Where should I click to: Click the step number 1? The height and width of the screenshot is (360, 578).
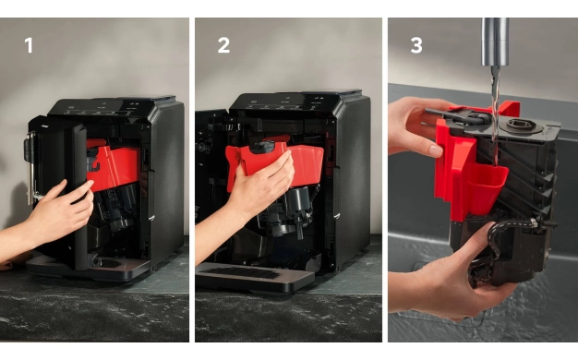click(x=29, y=45)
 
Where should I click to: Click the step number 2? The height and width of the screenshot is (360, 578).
click(x=223, y=45)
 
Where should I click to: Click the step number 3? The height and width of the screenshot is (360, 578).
click(x=416, y=45)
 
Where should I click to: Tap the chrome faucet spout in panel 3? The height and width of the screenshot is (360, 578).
click(x=495, y=42)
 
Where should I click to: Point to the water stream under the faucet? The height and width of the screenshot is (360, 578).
click(x=495, y=111)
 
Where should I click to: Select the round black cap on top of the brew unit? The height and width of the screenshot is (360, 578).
click(x=521, y=126)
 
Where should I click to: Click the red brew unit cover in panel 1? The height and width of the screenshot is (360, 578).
click(x=113, y=165)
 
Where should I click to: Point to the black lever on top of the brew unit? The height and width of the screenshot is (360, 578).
click(x=457, y=115)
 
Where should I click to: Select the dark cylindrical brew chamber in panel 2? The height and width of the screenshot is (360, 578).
click(x=299, y=207)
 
